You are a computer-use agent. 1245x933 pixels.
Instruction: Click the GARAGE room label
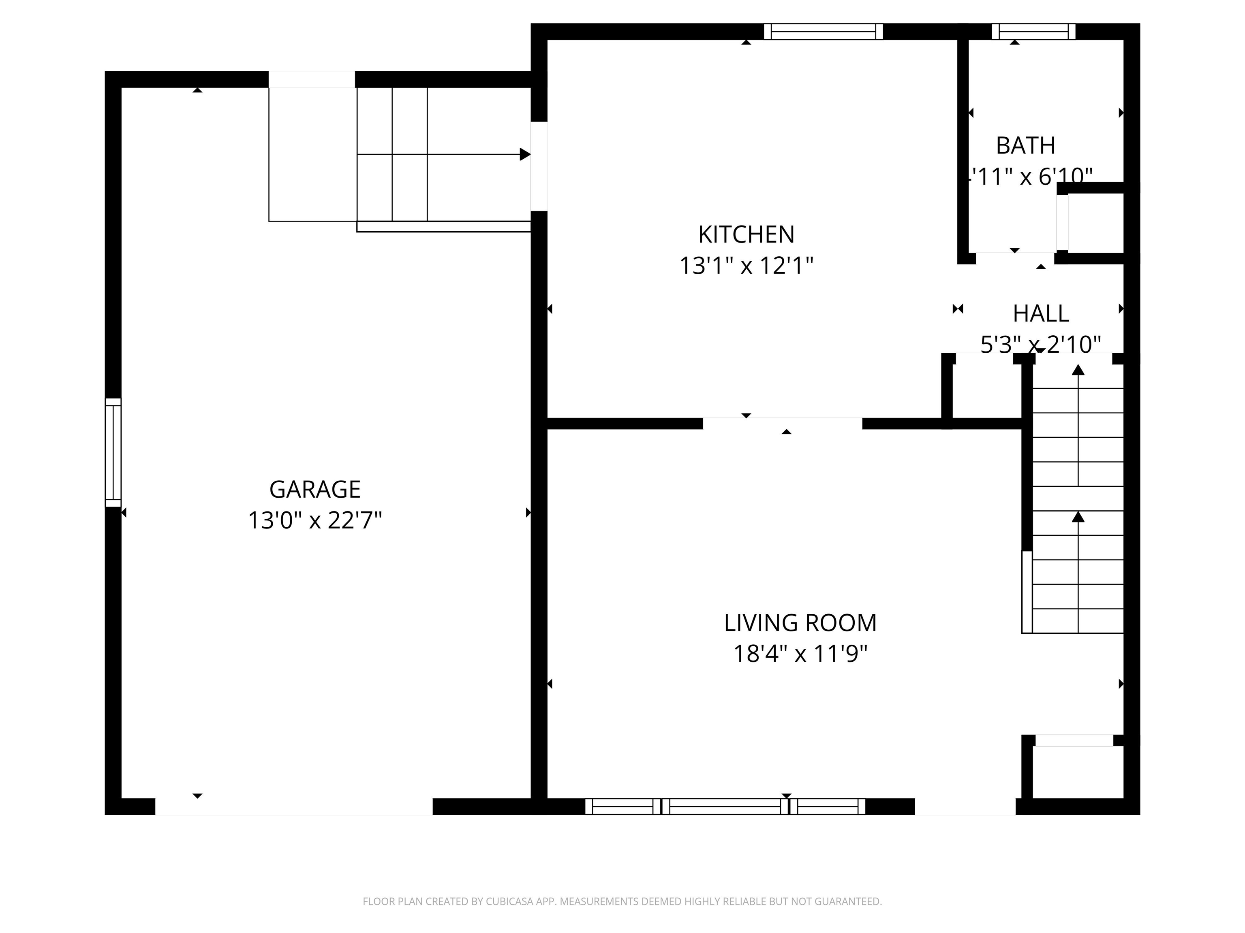[x=314, y=489]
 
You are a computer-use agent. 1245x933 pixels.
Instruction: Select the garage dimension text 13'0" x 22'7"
[x=314, y=520]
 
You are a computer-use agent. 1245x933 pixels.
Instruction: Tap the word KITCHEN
[x=746, y=234]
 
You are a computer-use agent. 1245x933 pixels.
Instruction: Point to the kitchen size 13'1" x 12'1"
[x=746, y=266]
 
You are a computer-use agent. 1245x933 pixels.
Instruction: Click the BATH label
[x=1025, y=146]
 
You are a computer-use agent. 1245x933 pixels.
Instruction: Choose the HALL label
[x=1040, y=314]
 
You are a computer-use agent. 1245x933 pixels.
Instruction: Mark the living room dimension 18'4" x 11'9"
[x=800, y=654]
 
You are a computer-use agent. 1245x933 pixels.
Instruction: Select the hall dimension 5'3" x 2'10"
[x=1040, y=344]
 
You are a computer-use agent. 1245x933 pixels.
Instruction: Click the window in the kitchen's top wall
[x=823, y=32]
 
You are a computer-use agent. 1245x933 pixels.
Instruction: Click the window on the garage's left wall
[x=113, y=452]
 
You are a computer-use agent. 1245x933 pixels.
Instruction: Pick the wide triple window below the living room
[x=725, y=807]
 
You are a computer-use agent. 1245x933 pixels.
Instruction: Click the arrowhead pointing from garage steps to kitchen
[x=524, y=154]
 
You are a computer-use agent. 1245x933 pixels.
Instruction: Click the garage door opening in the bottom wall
[x=293, y=807]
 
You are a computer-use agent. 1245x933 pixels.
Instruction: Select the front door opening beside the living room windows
[x=965, y=807]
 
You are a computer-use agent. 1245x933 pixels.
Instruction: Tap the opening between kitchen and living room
[x=782, y=424]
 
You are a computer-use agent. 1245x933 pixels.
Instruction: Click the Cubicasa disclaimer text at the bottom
[x=622, y=901]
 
